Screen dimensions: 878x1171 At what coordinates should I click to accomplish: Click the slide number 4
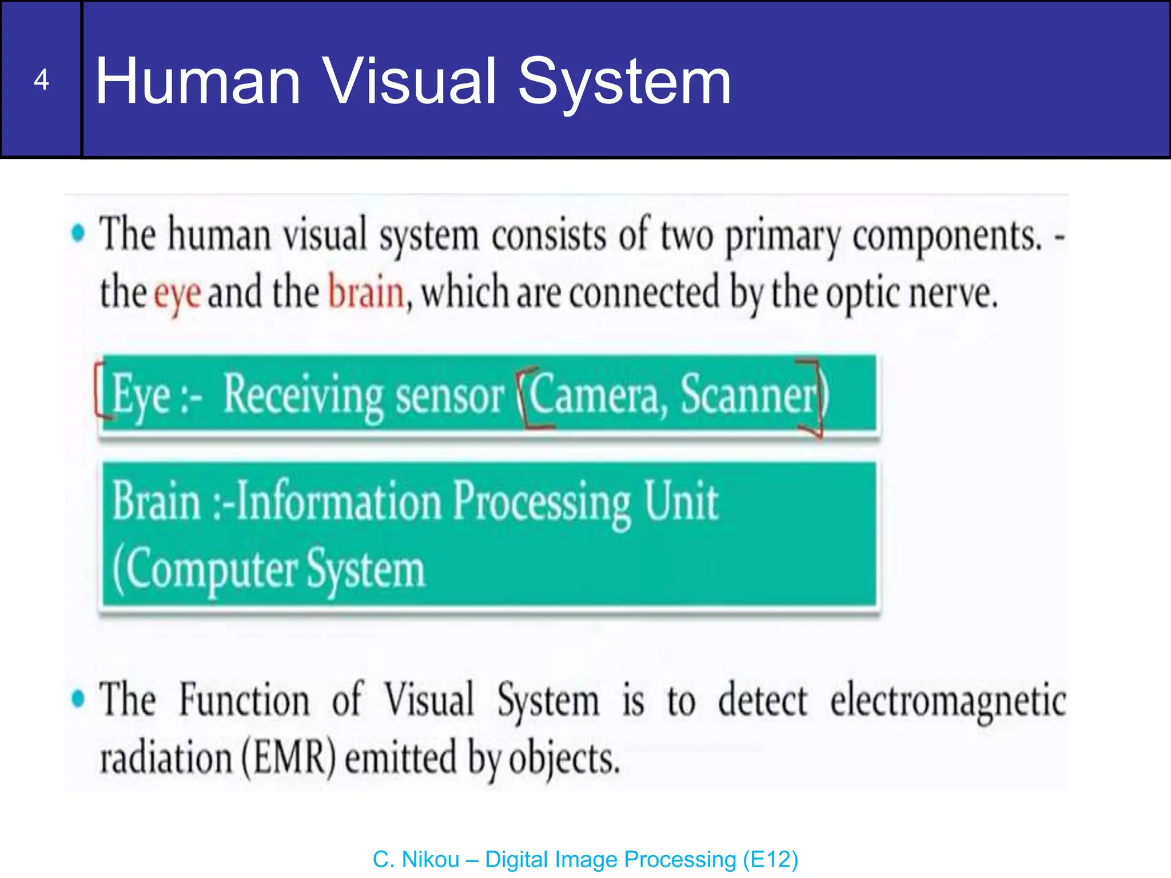click(x=41, y=80)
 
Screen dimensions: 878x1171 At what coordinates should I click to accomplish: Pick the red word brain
click(x=366, y=292)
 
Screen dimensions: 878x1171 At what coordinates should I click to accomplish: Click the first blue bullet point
click(x=78, y=233)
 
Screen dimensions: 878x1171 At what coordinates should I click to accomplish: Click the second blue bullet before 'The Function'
click(x=78, y=699)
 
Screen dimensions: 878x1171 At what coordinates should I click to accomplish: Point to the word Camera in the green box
click(x=595, y=394)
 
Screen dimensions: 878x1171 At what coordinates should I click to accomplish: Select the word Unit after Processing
click(x=680, y=501)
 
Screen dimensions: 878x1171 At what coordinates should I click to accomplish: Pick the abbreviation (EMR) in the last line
click(x=288, y=758)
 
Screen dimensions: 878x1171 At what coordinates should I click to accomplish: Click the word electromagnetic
click(x=948, y=701)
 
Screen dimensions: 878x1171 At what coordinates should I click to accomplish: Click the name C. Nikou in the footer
click(x=416, y=860)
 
